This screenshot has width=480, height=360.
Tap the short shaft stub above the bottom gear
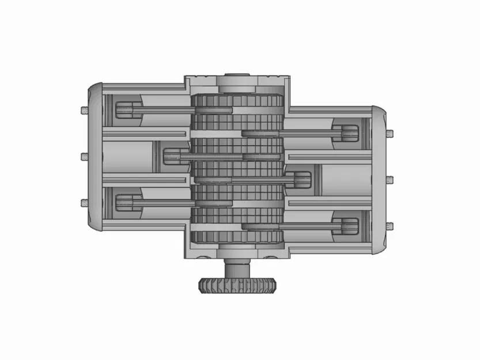[237, 268]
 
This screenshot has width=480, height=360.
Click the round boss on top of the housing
[237, 75]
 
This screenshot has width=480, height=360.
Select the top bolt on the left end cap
[84, 109]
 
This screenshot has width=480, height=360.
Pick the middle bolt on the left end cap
[84, 156]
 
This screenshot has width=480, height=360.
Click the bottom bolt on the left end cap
[84, 202]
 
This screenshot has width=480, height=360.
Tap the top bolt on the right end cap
[391, 134]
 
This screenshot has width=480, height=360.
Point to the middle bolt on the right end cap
[391, 179]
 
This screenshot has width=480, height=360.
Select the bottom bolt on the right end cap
[391, 225]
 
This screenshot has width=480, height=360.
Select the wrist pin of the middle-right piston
[302, 179]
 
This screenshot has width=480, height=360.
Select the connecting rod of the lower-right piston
[294, 225]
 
